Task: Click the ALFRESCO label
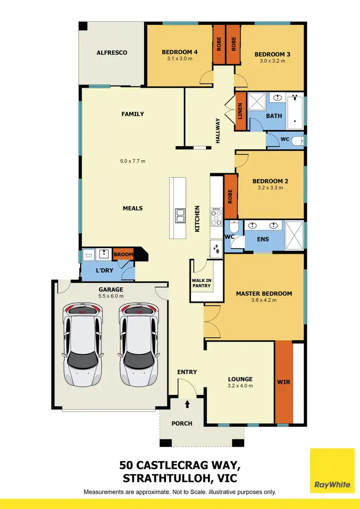[112, 53]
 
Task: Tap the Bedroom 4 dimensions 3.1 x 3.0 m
[180, 59]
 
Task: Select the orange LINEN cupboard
[240, 112]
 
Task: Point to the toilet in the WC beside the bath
[298, 141]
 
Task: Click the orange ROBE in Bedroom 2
[230, 196]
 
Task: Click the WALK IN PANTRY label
[201, 283]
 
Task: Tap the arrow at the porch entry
[187, 404]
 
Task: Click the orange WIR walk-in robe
[284, 382]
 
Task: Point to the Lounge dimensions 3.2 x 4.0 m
[240, 386]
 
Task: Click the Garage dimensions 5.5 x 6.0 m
[111, 296]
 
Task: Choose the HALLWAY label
[217, 130]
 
